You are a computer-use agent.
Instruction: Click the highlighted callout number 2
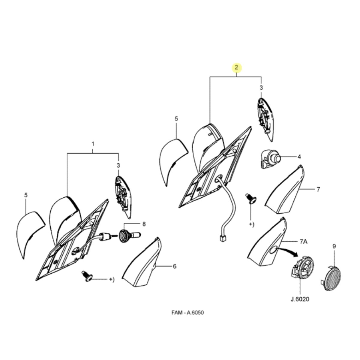(236, 67)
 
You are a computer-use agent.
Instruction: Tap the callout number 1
(93, 144)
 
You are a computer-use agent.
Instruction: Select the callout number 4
(299, 157)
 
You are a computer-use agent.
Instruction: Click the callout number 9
(334, 246)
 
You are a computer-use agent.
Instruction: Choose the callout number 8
(144, 224)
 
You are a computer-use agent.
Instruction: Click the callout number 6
(175, 266)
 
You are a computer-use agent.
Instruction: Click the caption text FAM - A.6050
(187, 313)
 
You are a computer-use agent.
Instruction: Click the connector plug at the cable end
(223, 239)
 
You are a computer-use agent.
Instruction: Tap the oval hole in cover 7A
(273, 250)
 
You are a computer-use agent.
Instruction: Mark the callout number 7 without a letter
(318, 189)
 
